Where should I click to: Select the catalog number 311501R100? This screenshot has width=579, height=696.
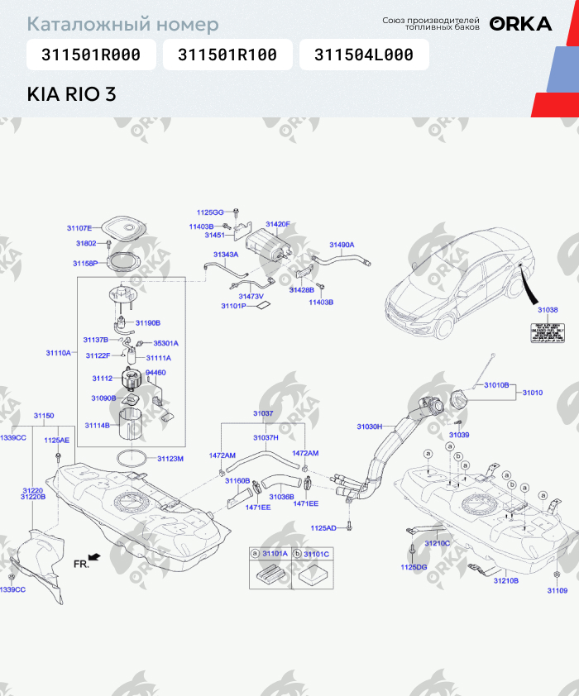[x=227, y=55]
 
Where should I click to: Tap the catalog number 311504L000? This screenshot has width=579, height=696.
[x=363, y=55]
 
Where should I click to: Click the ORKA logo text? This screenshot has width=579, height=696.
[x=520, y=24]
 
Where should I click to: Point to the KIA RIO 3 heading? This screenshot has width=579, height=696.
[x=72, y=93]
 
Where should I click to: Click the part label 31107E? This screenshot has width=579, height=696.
[x=79, y=227]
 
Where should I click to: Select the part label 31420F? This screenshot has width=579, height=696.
[x=278, y=224]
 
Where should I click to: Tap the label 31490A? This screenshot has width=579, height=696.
[x=342, y=245]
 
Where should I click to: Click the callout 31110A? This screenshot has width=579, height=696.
[x=58, y=353]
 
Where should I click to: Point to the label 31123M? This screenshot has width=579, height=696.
[x=170, y=458]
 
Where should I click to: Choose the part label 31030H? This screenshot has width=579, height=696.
[x=369, y=427]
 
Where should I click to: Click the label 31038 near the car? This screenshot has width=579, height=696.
[x=548, y=310]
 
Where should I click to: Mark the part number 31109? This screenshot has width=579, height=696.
[x=557, y=590]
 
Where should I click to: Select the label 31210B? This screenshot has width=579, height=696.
[x=506, y=581]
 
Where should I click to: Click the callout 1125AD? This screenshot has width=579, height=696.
[x=323, y=527]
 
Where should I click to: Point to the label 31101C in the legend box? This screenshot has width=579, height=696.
[x=317, y=554]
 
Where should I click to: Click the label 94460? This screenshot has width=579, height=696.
[x=156, y=373]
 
